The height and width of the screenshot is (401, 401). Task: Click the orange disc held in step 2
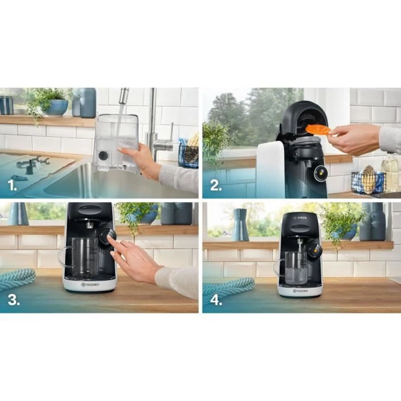point(318,130)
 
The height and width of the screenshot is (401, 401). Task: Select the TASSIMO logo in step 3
point(89,285)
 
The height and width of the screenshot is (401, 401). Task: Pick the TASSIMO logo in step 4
point(300,290)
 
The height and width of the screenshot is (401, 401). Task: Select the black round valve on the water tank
point(103,156)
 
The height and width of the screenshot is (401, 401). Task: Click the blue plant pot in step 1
point(57,107)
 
